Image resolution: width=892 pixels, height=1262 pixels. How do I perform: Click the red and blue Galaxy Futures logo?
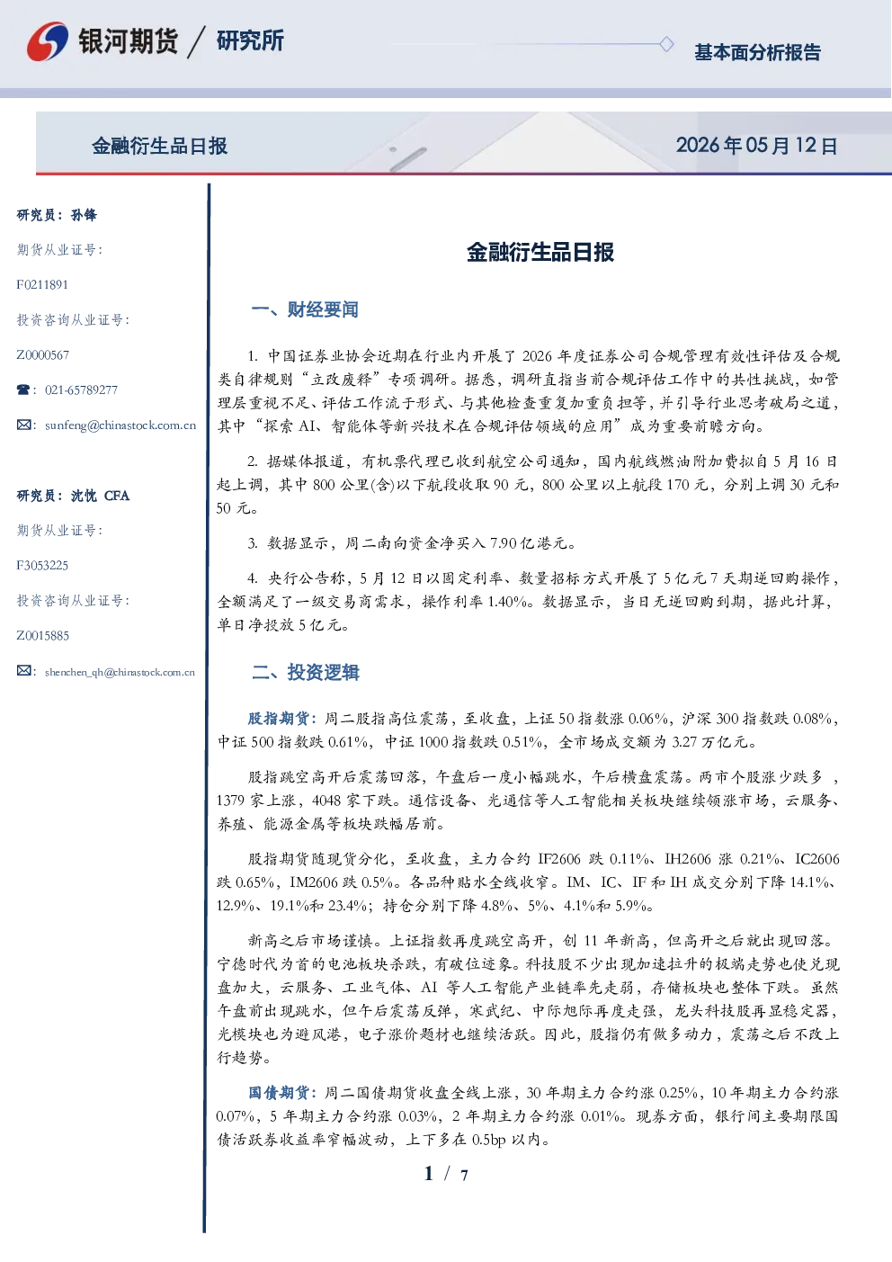pos(48,41)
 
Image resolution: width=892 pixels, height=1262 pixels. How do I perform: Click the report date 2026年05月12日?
pos(756,146)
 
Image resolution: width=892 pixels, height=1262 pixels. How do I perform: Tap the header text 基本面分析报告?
pos(757,52)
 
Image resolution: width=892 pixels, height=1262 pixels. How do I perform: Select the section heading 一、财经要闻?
pos(305,309)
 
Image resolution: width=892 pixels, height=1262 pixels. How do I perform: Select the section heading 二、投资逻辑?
pos(305,672)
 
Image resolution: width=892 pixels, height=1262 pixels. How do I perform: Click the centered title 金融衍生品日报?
pos(540,252)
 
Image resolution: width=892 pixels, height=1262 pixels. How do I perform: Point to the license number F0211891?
pos(42,284)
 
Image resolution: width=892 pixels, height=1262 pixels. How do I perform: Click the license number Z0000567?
pos(43,355)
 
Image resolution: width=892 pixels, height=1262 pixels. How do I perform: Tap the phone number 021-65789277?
pos(81,389)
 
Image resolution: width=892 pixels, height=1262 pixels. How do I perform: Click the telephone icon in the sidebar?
pos(23,389)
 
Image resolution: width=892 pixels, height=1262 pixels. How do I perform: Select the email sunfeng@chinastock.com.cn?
pos(120,425)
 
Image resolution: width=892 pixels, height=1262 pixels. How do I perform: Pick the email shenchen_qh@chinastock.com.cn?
pos(120,672)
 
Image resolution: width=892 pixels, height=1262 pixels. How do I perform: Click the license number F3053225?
pos(42,566)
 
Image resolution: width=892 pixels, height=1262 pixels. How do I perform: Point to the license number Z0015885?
pos(43,636)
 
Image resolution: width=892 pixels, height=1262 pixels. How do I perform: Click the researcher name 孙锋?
pos(84,215)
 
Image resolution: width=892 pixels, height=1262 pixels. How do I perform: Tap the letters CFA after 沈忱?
pos(117,496)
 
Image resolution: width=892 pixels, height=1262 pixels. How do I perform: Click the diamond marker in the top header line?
pos(666,44)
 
